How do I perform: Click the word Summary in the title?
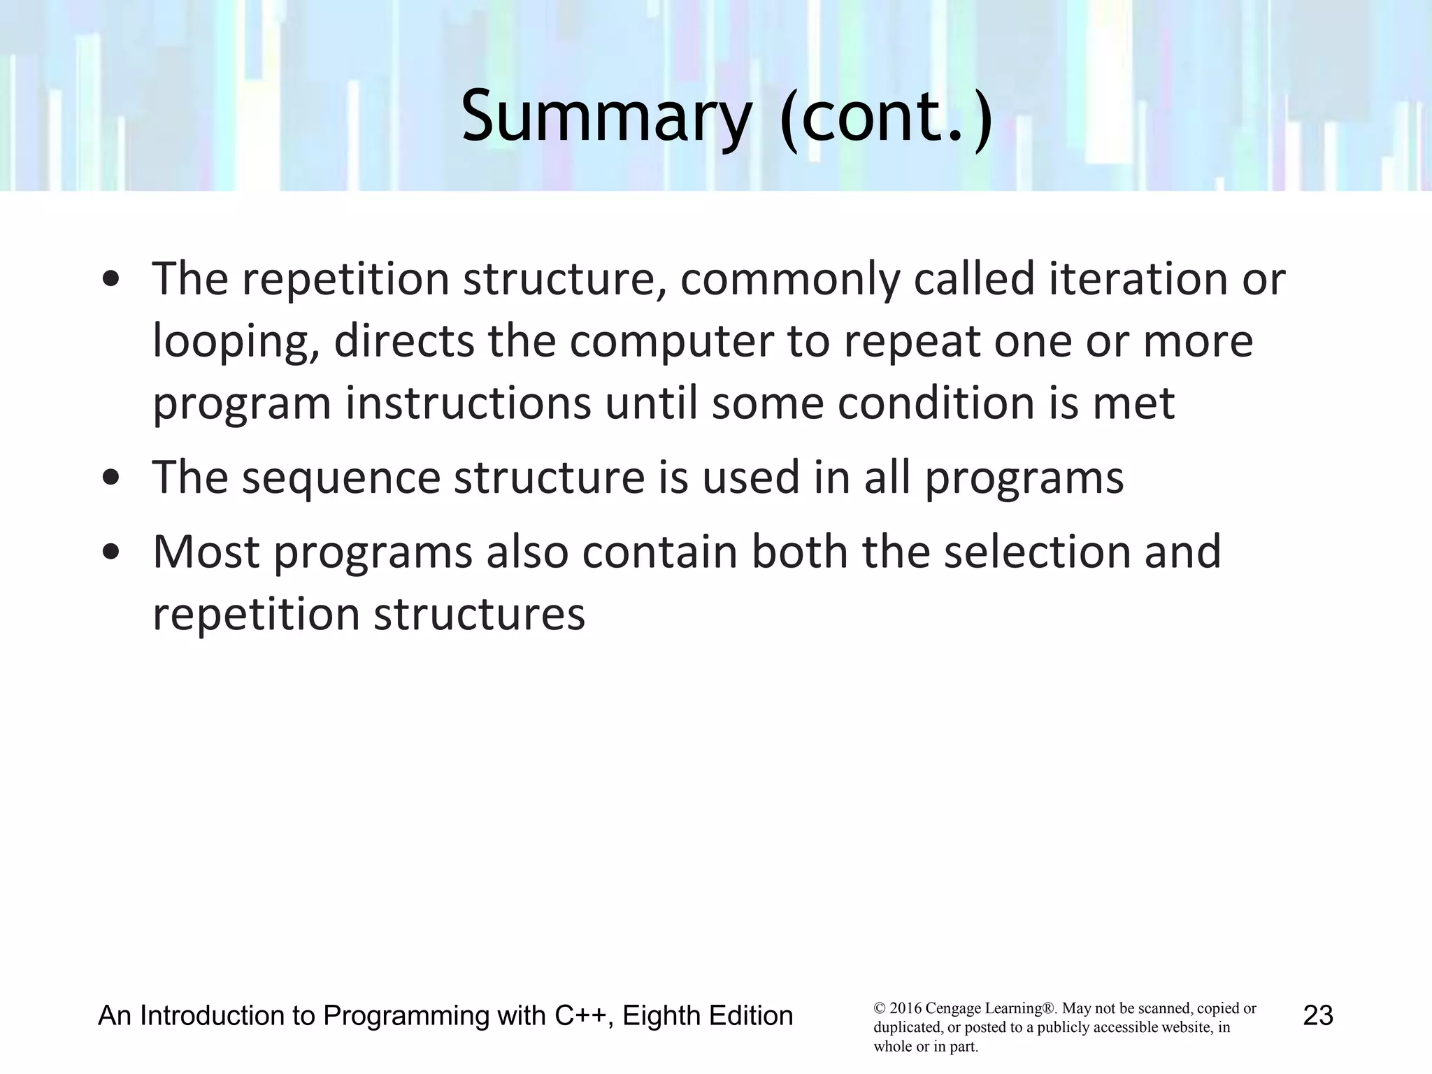point(606,116)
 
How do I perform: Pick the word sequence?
point(341,479)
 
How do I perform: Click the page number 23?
point(1318,1015)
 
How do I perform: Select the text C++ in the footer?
point(580,1015)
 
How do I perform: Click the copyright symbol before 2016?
point(880,1009)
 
